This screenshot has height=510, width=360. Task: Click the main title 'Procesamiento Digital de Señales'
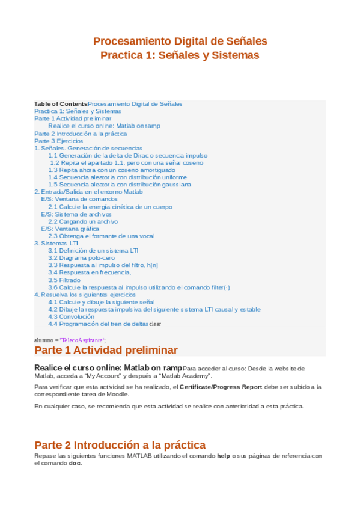point(180,41)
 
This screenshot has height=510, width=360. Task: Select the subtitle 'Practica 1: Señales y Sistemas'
point(180,55)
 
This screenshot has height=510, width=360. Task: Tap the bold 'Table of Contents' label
point(61,104)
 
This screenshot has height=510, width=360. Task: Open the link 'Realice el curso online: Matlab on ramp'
point(104,126)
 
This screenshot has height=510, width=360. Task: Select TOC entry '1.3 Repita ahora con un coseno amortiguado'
point(112,170)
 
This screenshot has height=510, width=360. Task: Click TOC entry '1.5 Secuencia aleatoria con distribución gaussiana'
point(120,185)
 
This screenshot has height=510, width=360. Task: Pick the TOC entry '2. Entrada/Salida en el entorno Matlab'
point(88,192)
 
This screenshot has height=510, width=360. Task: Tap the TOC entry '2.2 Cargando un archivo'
point(83,221)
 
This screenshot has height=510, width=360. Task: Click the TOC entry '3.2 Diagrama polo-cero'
point(81,258)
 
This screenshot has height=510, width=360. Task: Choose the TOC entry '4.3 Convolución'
point(71,316)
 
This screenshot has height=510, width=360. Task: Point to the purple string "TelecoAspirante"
point(82,340)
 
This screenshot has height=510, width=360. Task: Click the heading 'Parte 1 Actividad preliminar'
point(106,350)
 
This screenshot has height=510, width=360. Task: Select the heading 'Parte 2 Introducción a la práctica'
point(120,445)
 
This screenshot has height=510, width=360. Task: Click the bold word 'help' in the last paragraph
point(224,456)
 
